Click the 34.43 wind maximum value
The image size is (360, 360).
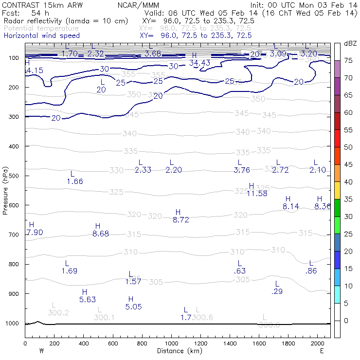(x=199, y=63)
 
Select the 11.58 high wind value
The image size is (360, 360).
(x=257, y=193)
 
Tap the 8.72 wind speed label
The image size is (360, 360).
(x=181, y=220)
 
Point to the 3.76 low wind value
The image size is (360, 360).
(x=242, y=170)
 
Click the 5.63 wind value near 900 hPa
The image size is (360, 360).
(x=88, y=300)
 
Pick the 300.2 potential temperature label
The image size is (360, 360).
(x=58, y=312)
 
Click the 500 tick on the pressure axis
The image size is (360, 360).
(x=14, y=176)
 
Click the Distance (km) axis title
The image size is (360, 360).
(x=178, y=351)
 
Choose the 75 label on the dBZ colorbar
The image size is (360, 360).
(x=349, y=61)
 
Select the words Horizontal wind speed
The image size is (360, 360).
(x=41, y=36)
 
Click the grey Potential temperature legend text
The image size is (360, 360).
(x=41, y=28)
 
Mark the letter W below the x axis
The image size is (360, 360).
(x=41, y=350)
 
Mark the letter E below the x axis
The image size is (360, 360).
(x=322, y=350)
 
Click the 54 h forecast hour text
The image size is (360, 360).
(x=41, y=13)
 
